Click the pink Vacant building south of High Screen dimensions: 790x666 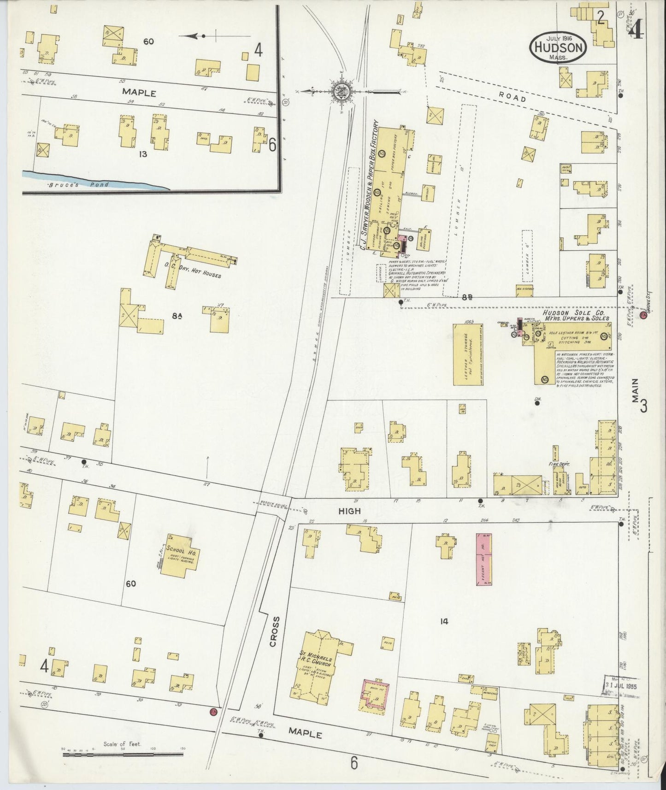tap(483, 558)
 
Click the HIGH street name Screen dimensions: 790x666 tap(349, 511)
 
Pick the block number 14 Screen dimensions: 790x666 tap(443, 621)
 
